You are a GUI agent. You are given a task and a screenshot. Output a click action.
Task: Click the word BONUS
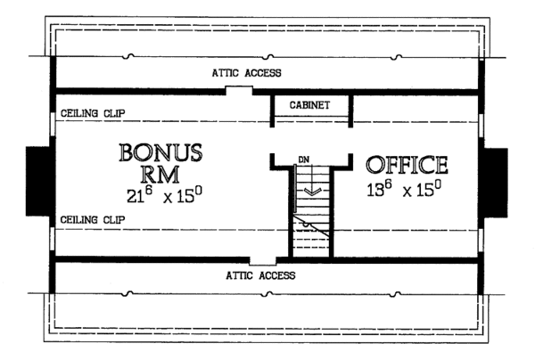point(160,151)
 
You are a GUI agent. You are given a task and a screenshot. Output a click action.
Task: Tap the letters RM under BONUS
point(160,173)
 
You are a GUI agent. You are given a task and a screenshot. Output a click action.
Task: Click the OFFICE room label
point(406,165)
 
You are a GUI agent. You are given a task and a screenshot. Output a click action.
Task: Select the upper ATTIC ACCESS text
point(247,72)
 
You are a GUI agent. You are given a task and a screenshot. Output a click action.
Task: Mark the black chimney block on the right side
point(496,181)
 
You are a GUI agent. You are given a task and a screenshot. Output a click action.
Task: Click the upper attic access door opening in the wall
point(238,90)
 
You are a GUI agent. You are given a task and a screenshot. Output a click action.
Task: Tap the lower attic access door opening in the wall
point(261,259)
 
